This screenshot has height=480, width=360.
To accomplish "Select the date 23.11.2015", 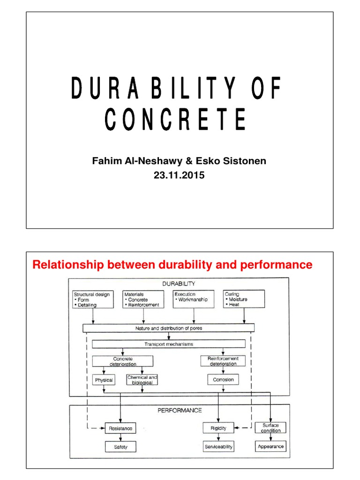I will coord(180,176).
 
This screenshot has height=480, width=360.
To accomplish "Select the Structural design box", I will coord(93,299).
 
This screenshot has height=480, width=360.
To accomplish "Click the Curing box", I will coord(244,299).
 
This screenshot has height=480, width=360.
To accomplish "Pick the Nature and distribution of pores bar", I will coord(168,328).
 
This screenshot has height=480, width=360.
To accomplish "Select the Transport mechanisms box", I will coord(168,345).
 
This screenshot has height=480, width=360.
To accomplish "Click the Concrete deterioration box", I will coord(122,361).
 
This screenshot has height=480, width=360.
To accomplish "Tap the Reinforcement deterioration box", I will coord(223,361).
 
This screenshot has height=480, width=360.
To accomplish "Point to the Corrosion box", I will coord(223,380).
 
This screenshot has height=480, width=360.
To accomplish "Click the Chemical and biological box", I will coord(142,380).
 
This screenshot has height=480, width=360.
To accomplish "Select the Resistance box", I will coord(120,428).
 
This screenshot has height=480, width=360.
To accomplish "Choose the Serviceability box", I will coord(218,446).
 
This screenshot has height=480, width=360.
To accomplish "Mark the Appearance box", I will coord(270,446).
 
